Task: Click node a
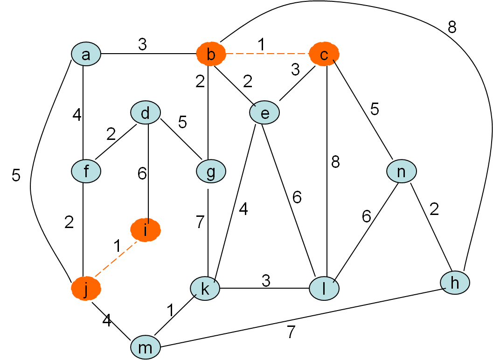pos(86,55)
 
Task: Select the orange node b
pos(211,55)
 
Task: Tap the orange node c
pos(324,55)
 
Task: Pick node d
pos(146,113)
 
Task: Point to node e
pos(264,113)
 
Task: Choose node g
pos(211,171)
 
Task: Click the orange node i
pos(146,230)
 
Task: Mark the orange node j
pos(86,289)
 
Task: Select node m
pos(146,347)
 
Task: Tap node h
pos(455,282)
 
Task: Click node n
pos(401,171)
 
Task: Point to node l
pos(324,289)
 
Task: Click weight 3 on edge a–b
pos(142,44)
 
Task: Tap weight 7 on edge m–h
pos(291,332)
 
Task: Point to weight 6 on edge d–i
pos(142,173)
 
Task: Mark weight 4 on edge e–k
pos(243,209)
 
